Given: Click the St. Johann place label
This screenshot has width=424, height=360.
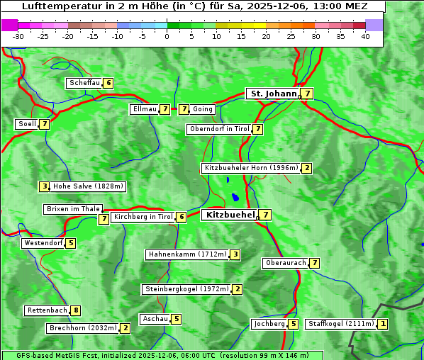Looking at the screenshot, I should click(x=272, y=94).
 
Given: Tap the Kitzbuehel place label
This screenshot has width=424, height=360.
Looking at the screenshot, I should click(x=228, y=214).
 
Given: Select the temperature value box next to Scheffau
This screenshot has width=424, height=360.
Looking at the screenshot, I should click(x=108, y=83).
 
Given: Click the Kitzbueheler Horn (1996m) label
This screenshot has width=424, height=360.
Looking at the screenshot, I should click(x=251, y=168).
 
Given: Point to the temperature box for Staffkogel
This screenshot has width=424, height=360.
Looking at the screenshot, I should click(x=384, y=324).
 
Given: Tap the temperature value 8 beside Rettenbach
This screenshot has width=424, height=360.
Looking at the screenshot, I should click(x=76, y=310).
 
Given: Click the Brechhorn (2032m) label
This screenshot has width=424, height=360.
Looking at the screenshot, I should click(x=82, y=328).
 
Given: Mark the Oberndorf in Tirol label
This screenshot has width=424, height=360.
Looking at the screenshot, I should click(x=219, y=129).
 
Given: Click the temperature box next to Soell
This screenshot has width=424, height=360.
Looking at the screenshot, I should click(x=45, y=124).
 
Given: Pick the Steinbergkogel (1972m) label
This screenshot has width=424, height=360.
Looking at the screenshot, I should click(x=186, y=289).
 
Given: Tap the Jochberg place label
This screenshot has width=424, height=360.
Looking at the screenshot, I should click(x=269, y=324).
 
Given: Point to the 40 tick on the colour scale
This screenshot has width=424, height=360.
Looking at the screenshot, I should click(x=365, y=35).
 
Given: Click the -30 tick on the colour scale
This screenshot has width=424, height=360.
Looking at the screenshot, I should click(x=18, y=35).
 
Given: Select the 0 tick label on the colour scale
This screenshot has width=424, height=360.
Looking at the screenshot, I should click(x=167, y=35).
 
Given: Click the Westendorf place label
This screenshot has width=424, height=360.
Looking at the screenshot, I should click(x=43, y=243).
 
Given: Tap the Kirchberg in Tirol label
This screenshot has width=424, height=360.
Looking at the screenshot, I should click(x=143, y=217).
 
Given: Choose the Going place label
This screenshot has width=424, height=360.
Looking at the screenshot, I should click(x=203, y=109).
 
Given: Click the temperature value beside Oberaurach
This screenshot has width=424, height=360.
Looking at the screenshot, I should click(x=314, y=263).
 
